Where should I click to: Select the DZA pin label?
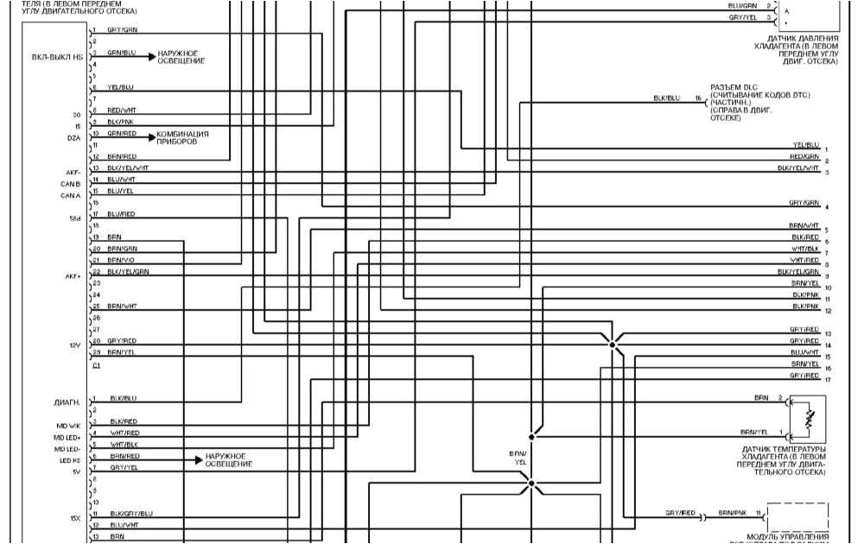click(73, 138)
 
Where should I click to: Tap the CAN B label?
click(71, 185)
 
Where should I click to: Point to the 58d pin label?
click(74, 219)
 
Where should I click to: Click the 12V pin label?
click(74, 345)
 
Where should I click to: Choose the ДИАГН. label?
click(67, 402)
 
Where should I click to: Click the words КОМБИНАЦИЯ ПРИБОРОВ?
click(182, 138)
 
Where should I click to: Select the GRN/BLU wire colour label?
click(121, 53)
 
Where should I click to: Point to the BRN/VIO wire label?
click(121, 260)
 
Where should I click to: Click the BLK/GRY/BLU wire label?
click(130, 514)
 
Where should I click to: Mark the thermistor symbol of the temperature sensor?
click(810, 419)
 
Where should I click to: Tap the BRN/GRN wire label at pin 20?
click(122, 249)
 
